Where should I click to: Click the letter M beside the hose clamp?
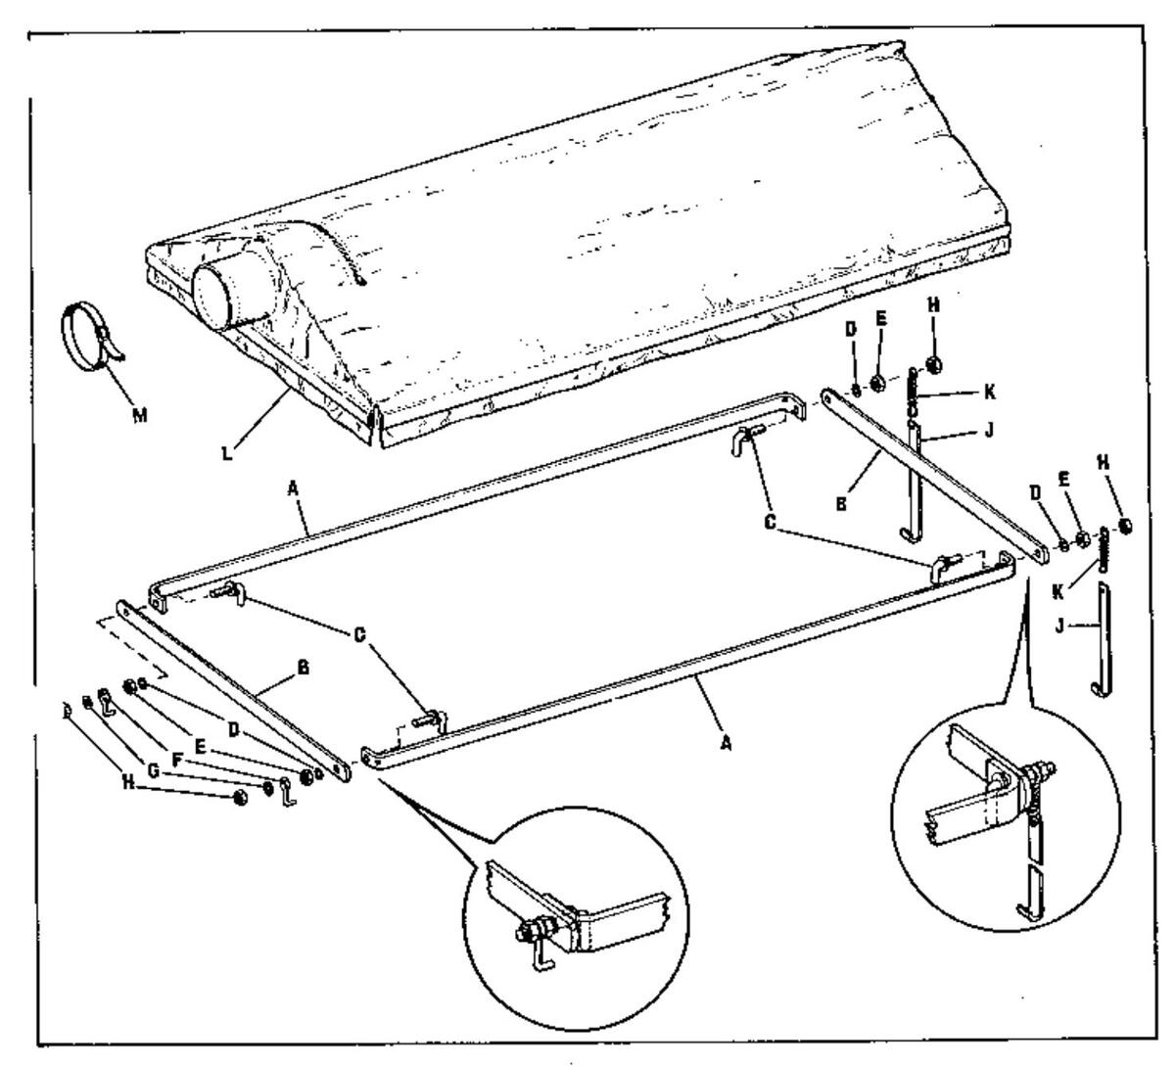point(141,415)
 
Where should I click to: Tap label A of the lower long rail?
point(727,743)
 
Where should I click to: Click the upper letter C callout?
point(771,524)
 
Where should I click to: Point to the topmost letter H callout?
point(933,304)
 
